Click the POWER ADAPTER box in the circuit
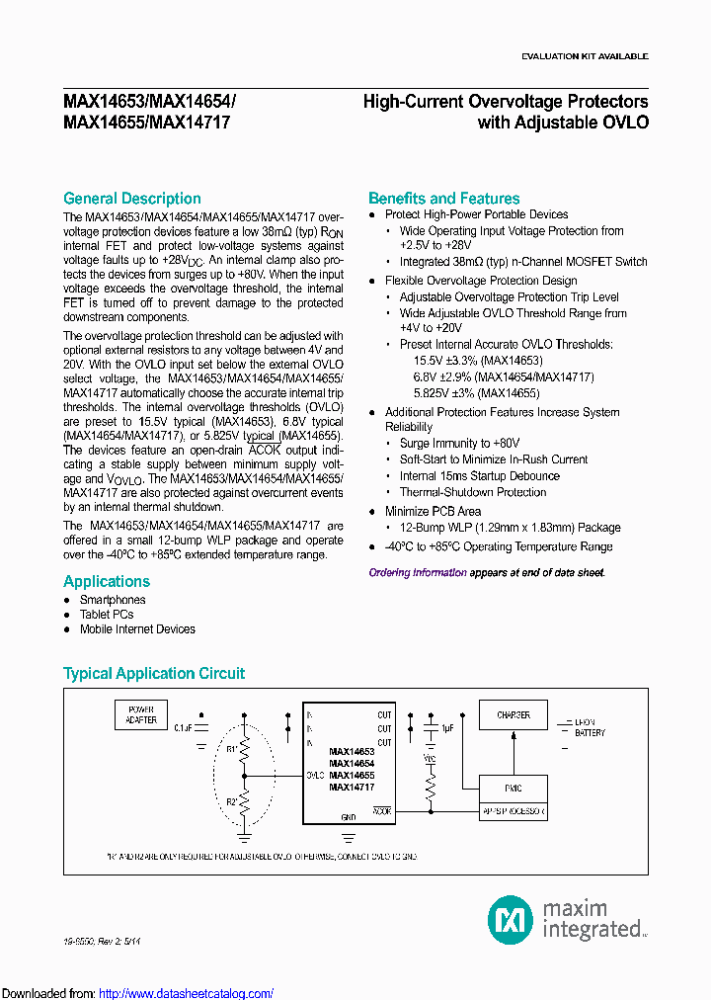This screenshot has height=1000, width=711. click(135, 713)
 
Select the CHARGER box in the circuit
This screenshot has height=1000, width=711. click(513, 714)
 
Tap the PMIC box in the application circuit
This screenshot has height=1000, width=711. click(513, 789)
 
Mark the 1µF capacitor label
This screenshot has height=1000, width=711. click(447, 727)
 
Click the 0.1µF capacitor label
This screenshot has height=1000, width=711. click(184, 727)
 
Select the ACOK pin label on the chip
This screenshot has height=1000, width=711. click(382, 810)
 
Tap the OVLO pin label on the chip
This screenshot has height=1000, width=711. click(314, 776)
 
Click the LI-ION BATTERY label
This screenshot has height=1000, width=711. click(590, 727)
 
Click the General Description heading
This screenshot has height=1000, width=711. click(131, 199)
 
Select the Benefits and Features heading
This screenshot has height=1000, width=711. click(443, 199)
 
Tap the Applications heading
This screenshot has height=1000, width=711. click(107, 581)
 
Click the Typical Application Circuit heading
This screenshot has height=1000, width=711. click(153, 674)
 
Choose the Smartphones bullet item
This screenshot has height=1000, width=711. click(112, 600)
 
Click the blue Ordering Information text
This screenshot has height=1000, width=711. click(418, 572)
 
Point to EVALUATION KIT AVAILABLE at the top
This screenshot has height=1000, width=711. click(585, 56)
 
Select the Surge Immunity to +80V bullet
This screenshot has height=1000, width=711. click(459, 444)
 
